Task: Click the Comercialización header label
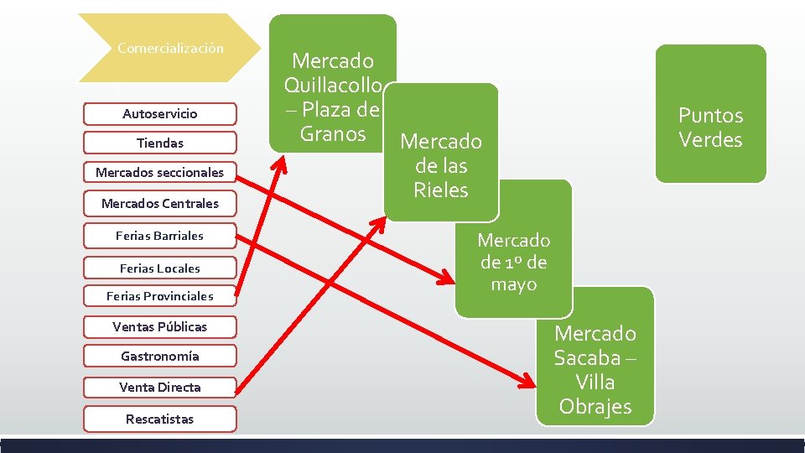coord(170,49)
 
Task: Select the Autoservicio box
coord(160,113)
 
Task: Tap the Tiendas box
coord(160,143)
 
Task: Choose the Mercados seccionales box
coord(160,173)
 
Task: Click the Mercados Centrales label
coord(160,203)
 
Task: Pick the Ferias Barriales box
coord(160,236)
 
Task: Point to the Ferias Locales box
coord(160,268)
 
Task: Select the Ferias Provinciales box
coord(160,296)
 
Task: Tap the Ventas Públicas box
coord(160,326)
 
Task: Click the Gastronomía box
coord(160,357)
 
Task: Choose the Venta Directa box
coord(160,387)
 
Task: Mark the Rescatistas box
coord(160,419)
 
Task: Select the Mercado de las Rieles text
coord(441,165)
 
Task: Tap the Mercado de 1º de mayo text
coord(514,262)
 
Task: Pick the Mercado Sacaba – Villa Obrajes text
coord(595,370)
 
